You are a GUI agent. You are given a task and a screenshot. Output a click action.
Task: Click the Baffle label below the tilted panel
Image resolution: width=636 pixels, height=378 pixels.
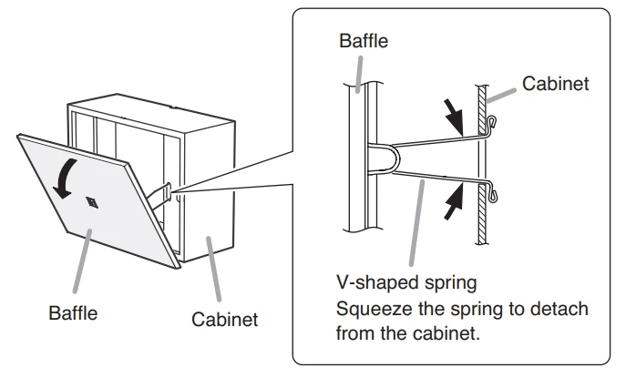pyautogui.click(x=73, y=313)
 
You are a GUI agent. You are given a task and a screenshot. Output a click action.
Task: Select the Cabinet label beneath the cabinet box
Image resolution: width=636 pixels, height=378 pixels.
pyautogui.click(x=224, y=320)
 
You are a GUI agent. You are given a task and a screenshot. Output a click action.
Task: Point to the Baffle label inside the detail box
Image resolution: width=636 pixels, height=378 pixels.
pyautogui.click(x=363, y=42)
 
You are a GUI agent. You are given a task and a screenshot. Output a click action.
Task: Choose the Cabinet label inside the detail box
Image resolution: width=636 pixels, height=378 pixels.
pyautogui.click(x=556, y=84)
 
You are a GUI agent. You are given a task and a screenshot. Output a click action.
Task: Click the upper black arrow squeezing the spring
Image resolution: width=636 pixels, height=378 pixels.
pyautogui.click(x=453, y=114)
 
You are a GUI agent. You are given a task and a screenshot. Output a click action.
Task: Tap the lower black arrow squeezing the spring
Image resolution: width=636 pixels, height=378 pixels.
pyautogui.click(x=453, y=203)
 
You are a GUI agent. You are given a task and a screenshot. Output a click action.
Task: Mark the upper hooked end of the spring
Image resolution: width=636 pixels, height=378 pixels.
pyautogui.click(x=492, y=122)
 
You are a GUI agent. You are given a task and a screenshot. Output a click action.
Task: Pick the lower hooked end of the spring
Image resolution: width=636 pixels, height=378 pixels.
pyautogui.click(x=492, y=192)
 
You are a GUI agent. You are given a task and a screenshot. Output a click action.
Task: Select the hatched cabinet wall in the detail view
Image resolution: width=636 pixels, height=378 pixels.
pyautogui.click(x=480, y=164)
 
